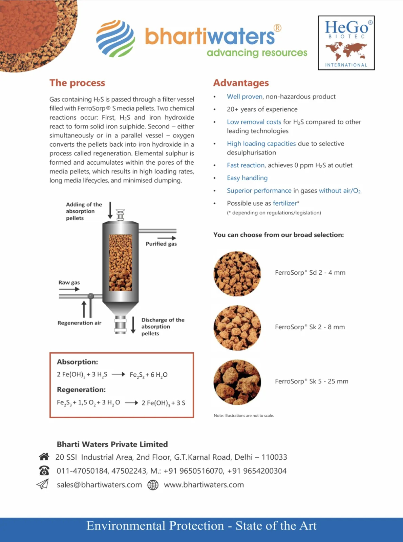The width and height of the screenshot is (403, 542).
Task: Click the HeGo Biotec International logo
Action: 346,43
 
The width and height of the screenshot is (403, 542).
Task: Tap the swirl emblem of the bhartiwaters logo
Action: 115,38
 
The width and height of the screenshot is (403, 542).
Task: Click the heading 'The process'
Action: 77,83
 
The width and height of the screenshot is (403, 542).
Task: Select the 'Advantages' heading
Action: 241,83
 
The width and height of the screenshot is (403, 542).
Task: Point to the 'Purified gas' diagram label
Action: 161,244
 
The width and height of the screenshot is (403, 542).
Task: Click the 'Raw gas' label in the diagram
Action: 69,283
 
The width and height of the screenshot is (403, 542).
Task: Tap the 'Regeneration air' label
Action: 79,323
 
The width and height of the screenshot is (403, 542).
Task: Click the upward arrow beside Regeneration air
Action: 84,309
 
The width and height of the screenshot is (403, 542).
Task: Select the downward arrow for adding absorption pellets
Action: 110,210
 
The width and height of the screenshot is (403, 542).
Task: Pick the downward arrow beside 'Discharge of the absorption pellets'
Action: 133,325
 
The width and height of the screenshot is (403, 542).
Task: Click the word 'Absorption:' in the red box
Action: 77,362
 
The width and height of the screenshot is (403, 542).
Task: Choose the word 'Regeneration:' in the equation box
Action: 81,390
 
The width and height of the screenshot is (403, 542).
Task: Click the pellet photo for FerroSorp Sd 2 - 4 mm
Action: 237,274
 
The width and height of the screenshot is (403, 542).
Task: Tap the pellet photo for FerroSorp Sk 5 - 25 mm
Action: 237,382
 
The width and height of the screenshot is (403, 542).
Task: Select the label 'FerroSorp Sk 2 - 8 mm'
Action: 310,327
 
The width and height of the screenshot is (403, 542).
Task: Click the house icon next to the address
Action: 44,457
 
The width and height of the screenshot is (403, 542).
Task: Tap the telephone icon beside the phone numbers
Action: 44,471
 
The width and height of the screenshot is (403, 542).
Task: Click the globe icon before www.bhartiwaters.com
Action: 153,485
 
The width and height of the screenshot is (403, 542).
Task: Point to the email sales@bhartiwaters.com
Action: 99,485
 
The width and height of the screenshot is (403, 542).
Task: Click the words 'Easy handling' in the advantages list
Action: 247,178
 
